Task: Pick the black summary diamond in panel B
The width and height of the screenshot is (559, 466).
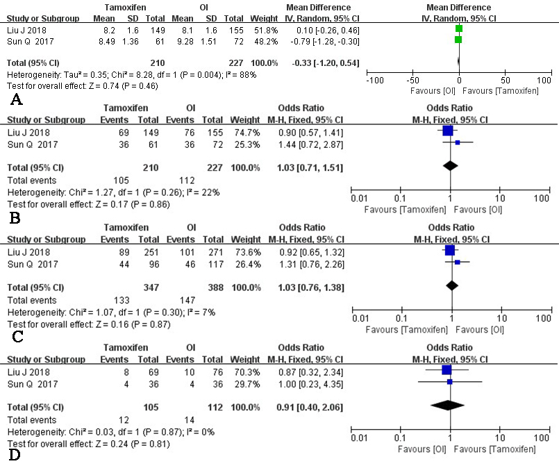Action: point(450,165)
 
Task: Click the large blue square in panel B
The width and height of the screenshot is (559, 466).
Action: point(447,131)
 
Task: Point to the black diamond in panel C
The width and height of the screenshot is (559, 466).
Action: point(451,285)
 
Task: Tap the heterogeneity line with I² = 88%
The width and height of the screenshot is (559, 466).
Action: point(114,74)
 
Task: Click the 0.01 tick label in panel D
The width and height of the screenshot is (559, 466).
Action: point(359,439)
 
